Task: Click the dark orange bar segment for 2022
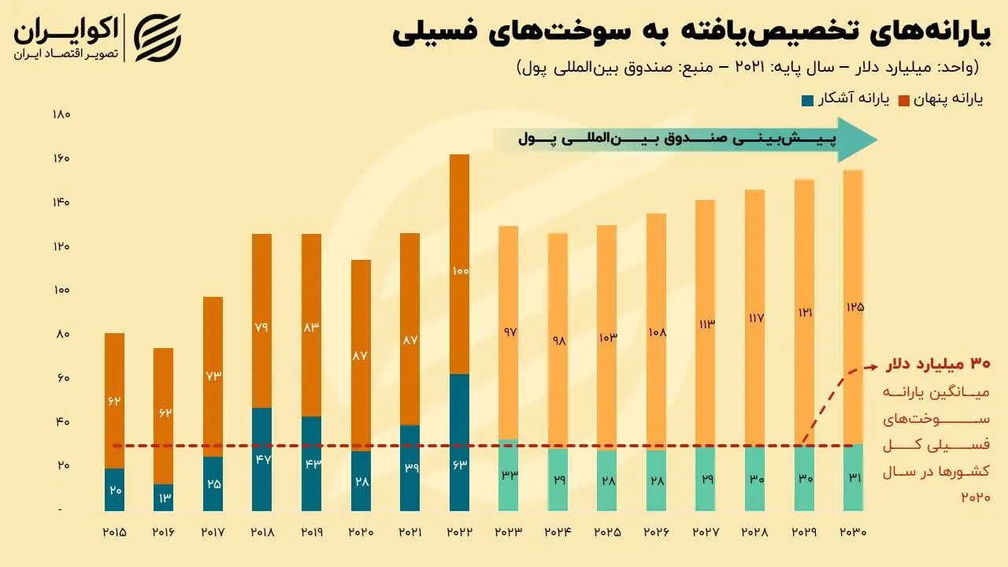459,264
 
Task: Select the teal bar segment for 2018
262,459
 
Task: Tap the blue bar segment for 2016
164,498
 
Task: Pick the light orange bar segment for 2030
854,307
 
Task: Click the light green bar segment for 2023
509,475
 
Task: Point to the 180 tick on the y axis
61,115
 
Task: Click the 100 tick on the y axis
61,291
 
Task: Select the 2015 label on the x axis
115,532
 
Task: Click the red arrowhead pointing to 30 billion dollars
873,366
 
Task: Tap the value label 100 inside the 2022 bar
460,271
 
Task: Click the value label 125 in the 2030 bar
854,307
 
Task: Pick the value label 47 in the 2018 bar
262,458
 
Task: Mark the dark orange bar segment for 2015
115,401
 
